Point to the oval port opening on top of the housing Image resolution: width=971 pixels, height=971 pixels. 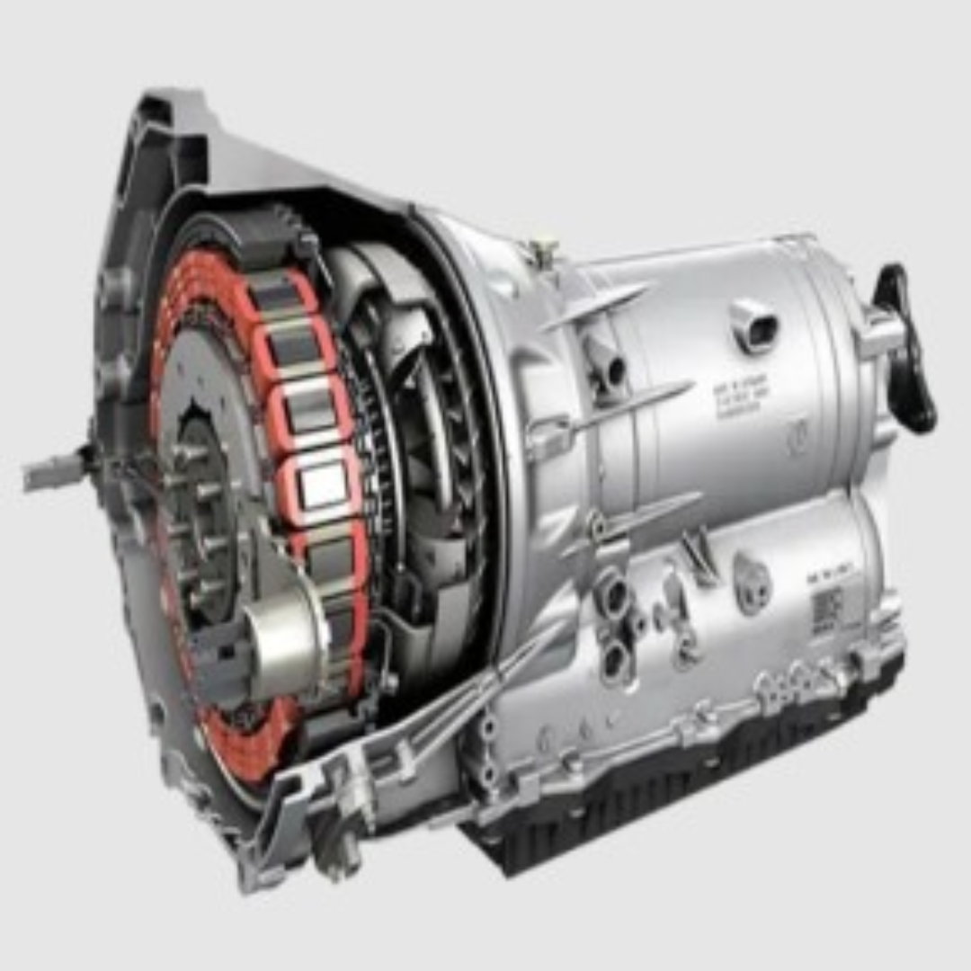pyautogui.click(x=753, y=325)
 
